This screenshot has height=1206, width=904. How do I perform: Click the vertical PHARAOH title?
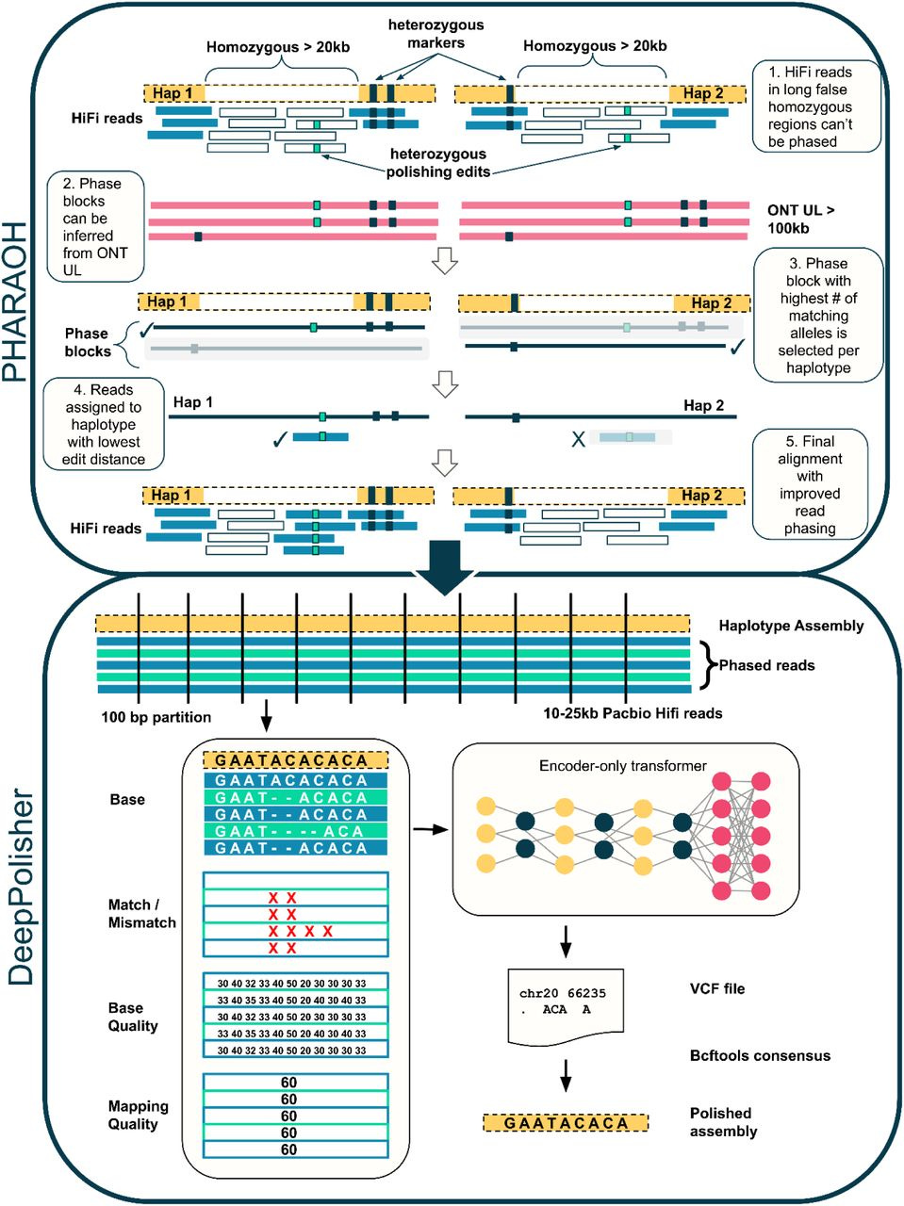pyautogui.click(x=15, y=302)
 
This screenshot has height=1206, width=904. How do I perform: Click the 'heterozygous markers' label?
pyautogui.click(x=436, y=34)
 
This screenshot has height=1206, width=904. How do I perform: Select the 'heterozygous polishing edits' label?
pyautogui.click(x=438, y=163)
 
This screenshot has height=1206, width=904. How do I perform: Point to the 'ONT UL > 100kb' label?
pyautogui.click(x=800, y=220)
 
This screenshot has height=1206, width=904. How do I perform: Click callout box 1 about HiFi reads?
pyautogui.click(x=816, y=106)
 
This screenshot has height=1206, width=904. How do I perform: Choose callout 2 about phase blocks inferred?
pyautogui.click(x=95, y=226)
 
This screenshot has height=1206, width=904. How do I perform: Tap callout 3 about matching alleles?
pyautogui.click(x=818, y=315)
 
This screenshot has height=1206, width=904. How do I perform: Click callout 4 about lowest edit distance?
pyautogui.click(x=104, y=424)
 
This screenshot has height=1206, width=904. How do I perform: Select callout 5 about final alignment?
pyautogui.click(x=810, y=484)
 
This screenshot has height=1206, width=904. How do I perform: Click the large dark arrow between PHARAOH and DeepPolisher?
pyautogui.click(x=444, y=567)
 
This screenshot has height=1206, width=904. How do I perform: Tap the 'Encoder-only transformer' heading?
pyautogui.click(x=623, y=766)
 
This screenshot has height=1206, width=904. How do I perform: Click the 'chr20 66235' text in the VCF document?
pyautogui.click(x=562, y=993)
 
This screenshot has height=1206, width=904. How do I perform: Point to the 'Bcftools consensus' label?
pyautogui.click(x=760, y=1055)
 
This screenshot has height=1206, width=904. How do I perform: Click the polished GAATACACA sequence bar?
pyautogui.click(x=566, y=1123)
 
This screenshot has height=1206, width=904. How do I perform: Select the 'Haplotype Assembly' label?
pyautogui.click(x=791, y=626)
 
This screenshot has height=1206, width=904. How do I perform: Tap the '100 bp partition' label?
pyautogui.click(x=156, y=717)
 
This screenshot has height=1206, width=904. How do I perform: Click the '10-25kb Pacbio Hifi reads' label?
pyautogui.click(x=633, y=713)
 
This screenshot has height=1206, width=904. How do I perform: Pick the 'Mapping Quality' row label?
pyautogui.click(x=138, y=1115)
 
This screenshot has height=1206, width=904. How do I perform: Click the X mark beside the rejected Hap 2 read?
pyautogui.click(x=578, y=439)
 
